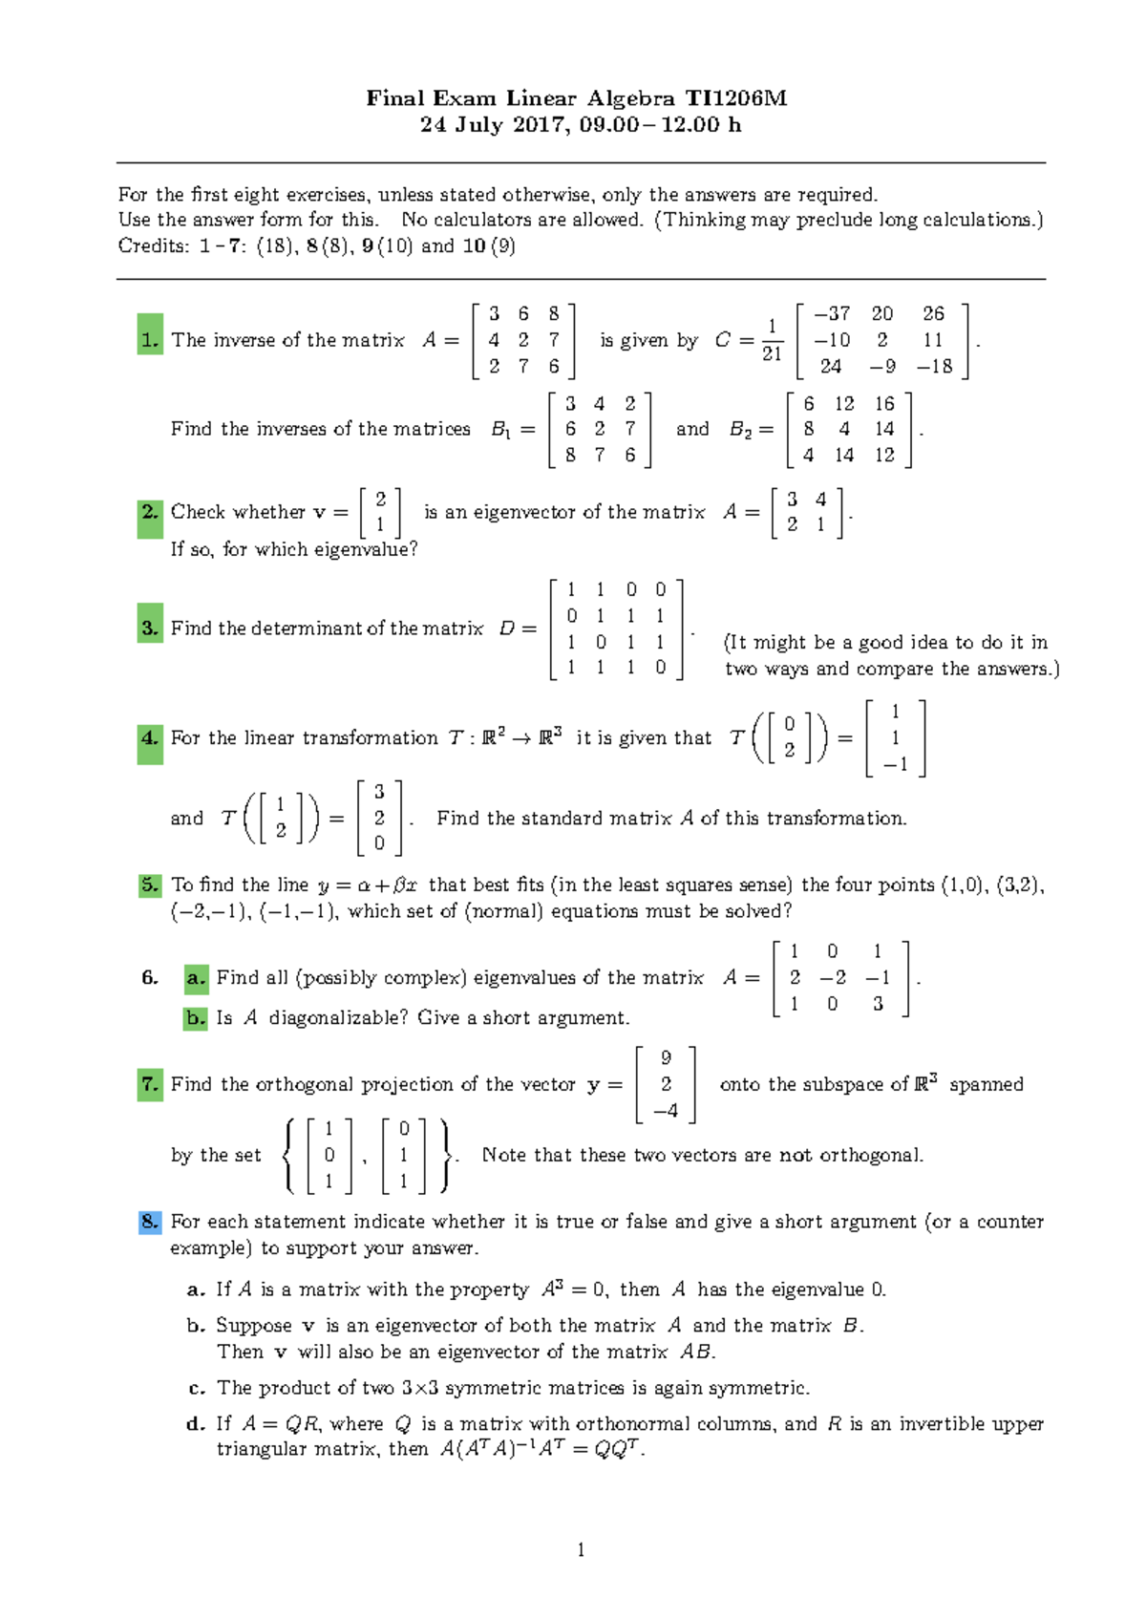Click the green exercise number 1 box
coord(150,339)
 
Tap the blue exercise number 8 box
coord(150,1222)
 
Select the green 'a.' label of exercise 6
coord(196,977)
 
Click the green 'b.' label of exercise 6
coord(196,1018)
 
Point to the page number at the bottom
coord(581,1549)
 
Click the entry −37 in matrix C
coord(831,313)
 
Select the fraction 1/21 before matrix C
coord(772,340)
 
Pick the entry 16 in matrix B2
coord(884,404)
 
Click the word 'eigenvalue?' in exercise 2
coord(370,549)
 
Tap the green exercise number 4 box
coord(150,737)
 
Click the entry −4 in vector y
coord(666,1110)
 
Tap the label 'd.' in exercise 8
coord(196,1423)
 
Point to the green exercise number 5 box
coord(150,885)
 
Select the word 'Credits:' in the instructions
coord(154,245)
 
